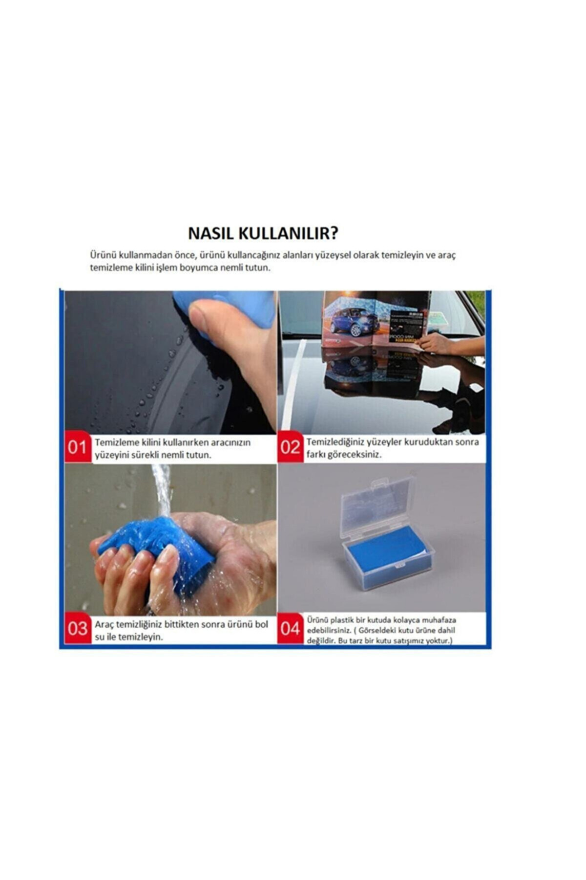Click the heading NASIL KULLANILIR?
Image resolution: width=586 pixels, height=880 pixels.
[263, 233]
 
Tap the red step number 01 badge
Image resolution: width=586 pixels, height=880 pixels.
[77, 447]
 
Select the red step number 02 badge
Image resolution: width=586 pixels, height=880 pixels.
[290, 447]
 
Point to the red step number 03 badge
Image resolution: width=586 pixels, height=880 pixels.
[78, 629]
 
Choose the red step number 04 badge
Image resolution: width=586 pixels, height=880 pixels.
[291, 629]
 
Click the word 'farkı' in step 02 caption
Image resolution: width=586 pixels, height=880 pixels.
[315, 455]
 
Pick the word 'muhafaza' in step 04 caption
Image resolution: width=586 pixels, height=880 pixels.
[439, 619]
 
